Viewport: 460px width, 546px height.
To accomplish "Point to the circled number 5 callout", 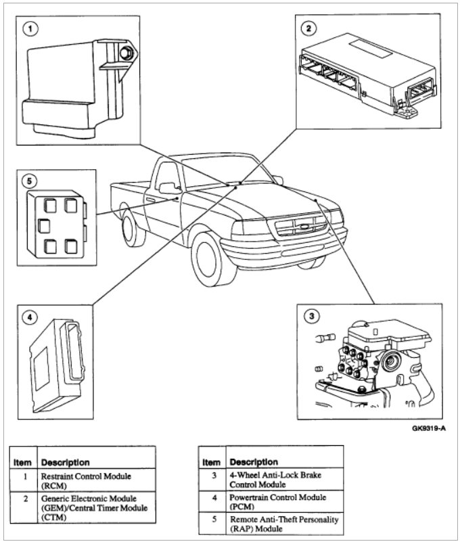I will click(x=28, y=181).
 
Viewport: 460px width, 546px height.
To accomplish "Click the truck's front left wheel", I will click(x=210, y=258).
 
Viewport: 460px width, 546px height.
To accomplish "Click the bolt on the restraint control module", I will click(x=125, y=53).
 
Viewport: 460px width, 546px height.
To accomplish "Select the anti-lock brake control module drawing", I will click(x=369, y=362).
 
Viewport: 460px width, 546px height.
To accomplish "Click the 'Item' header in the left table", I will click(x=22, y=463).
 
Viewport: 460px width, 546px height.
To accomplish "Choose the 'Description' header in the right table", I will click(x=254, y=463).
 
